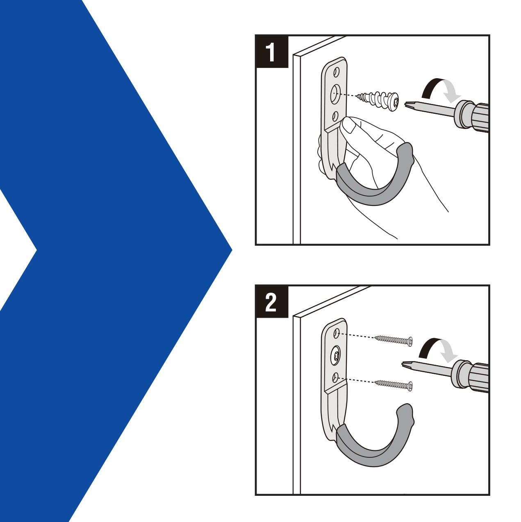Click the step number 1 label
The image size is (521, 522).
[x=271, y=52]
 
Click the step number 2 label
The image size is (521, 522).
[x=271, y=302]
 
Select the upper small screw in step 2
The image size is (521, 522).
[x=394, y=340]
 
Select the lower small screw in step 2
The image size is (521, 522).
[x=394, y=384]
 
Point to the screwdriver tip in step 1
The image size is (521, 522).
[x=409, y=104]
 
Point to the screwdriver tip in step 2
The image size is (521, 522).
[x=406, y=364]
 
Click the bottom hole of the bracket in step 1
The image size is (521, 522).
[x=335, y=116]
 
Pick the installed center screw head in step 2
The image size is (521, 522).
[x=336, y=353]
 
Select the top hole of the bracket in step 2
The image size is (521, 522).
[x=336, y=333]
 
